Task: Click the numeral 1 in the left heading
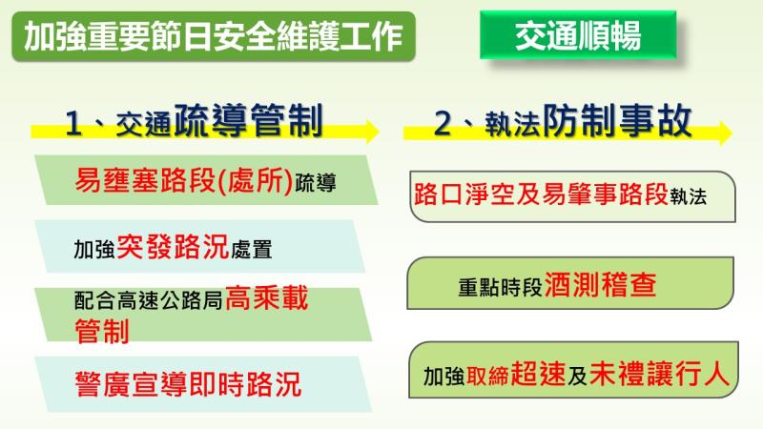[76, 123]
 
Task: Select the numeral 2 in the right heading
[443, 123]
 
